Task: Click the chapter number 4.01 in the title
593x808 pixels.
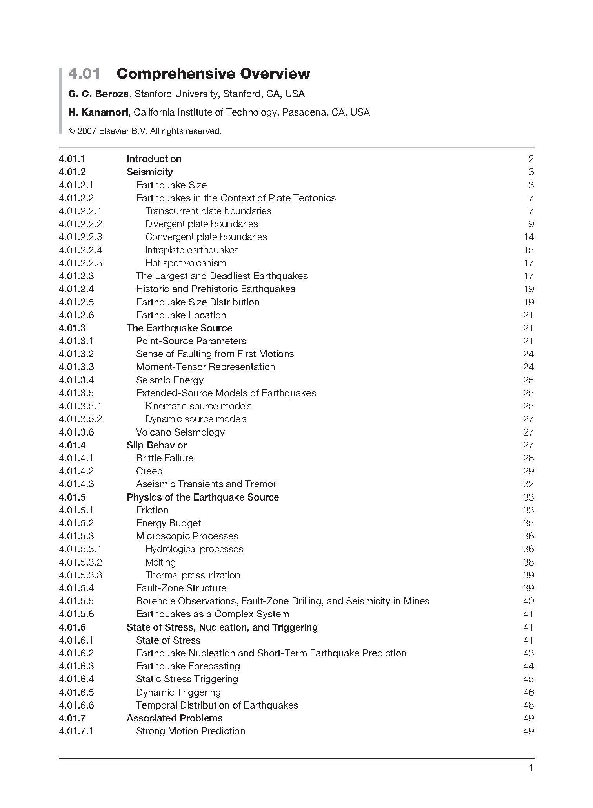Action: click(84, 74)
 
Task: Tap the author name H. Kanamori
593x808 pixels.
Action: click(98, 112)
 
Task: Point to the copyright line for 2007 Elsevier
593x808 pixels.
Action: click(145, 131)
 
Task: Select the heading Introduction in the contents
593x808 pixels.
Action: click(154, 159)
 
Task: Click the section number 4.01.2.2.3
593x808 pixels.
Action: click(80, 237)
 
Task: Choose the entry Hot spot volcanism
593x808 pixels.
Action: click(186, 263)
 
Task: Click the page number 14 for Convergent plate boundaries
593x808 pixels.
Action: click(528, 237)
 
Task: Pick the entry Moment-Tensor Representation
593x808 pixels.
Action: click(205, 367)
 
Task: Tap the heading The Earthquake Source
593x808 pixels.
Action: click(179, 328)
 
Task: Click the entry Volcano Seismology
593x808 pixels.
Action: click(180, 432)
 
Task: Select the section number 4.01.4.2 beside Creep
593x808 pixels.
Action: click(76, 471)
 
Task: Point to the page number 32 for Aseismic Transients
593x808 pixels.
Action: click(528, 484)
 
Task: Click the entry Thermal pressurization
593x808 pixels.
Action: click(193, 575)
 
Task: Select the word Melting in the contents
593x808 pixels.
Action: click(160, 562)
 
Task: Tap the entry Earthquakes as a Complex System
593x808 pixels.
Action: click(212, 614)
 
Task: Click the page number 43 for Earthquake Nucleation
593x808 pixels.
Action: click(528, 653)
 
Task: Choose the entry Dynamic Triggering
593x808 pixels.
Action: click(178, 692)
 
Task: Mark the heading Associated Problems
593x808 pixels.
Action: click(174, 718)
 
